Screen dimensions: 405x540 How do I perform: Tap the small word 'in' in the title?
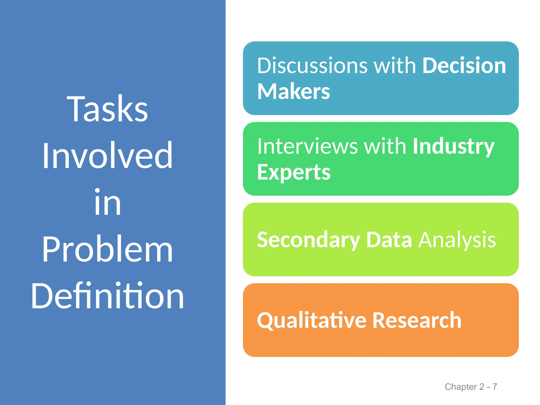pyautogui.click(x=108, y=202)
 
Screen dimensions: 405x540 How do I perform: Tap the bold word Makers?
pyautogui.click(x=293, y=91)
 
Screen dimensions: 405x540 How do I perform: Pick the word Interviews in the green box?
pyautogui.click(x=307, y=146)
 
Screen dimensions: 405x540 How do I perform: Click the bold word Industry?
pyautogui.click(x=453, y=147)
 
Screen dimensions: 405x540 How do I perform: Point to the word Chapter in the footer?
pyautogui.click(x=461, y=387)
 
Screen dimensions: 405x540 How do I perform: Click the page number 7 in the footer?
pyautogui.click(x=495, y=387)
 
